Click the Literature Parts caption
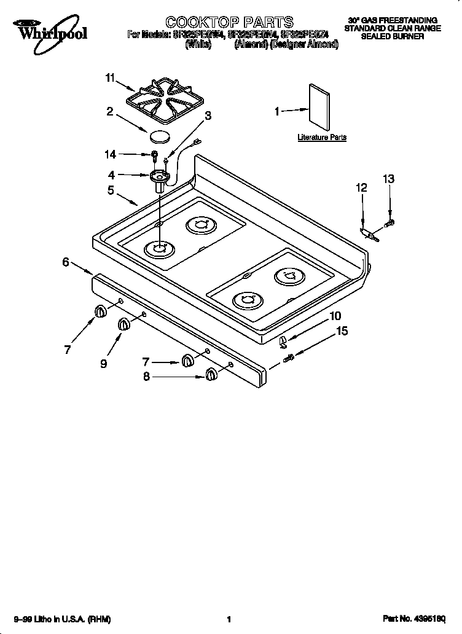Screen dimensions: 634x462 point(321,138)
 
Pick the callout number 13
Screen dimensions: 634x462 point(388,179)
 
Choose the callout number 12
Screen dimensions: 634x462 point(361,188)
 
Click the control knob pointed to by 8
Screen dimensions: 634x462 point(211,375)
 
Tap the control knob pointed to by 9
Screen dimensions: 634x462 point(123,324)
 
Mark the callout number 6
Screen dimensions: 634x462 point(65,262)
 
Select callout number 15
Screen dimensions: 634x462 point(342,331)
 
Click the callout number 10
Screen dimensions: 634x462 point(335,316)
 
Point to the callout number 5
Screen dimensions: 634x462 point(111,190)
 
